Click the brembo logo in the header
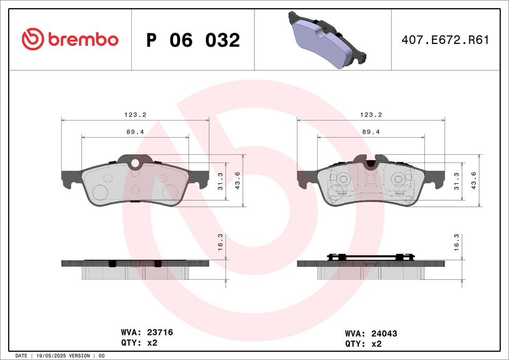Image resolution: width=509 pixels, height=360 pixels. (x=70, y=39)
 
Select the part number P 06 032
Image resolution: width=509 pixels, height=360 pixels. (x=193, y=40)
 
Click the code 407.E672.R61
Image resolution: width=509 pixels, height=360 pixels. (x=445, y=40)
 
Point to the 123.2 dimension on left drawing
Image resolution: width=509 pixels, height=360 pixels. (x=136, y=115)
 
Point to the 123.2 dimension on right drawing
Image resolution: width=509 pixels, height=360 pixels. (x=371, y=115)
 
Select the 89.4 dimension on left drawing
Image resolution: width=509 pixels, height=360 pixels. (x=136, y=131)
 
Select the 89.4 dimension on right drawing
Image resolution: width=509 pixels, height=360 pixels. (x=371, y=131)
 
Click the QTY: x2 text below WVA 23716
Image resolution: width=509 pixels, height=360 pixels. (x=139, y=343)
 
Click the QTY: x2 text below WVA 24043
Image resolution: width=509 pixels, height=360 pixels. (x=364, y=344)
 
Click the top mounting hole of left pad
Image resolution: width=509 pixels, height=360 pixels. (x=135, y=163)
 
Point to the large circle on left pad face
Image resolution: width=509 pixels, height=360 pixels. (x=100, y=192)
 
